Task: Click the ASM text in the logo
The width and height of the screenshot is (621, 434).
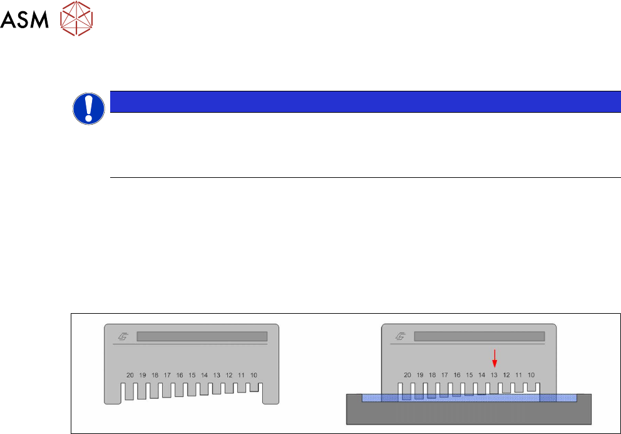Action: click(x=24, y=22)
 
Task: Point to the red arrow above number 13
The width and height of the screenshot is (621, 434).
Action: click(x=495, y=359)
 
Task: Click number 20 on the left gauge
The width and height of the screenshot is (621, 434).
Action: click(x=130, y=375)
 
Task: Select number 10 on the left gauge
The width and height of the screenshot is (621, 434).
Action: click(x=254, y=375)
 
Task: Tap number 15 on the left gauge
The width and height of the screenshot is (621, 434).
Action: click(x=192, y=375)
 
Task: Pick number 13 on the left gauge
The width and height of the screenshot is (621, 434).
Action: click(x=217, y=375)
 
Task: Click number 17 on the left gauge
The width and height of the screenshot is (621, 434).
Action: click(x=167, y=375)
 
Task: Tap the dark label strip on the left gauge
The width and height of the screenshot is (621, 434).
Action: click(x=202, y=336)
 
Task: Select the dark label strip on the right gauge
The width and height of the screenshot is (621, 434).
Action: click(x=479, y=336)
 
